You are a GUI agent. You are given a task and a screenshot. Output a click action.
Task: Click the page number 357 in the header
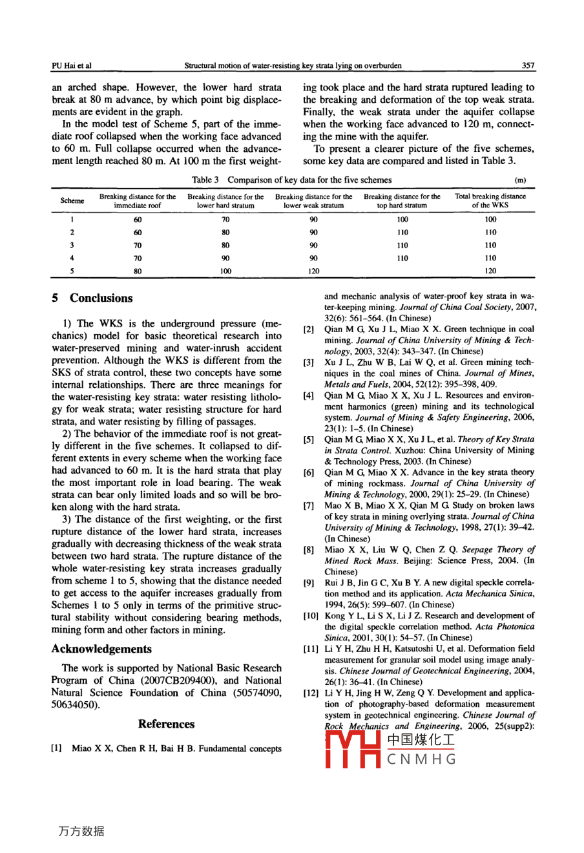[528, 65]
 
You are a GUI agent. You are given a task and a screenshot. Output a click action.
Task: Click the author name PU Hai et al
[71, 65]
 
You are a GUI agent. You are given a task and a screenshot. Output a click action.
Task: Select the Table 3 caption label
[205, 180]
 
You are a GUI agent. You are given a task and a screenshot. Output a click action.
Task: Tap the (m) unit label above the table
[521, 180]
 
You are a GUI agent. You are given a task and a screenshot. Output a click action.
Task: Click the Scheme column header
[72, 201]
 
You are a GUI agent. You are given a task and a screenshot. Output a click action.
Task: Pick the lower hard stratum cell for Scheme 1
[225, 220]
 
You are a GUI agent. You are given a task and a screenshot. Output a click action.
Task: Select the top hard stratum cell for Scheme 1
[402, 220]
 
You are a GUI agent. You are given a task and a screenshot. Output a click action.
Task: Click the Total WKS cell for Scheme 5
[490, 271]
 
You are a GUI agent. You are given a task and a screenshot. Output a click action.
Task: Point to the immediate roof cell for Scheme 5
[138, 271]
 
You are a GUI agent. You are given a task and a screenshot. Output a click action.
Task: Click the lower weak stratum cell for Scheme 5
[314, 271]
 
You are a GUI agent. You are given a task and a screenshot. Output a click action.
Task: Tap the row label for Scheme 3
[72, 246]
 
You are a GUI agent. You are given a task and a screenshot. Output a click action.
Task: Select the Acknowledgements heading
[101, 649]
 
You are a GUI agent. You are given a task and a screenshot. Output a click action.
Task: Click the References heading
[166, 724]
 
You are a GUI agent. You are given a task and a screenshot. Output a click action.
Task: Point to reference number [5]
[309, 440]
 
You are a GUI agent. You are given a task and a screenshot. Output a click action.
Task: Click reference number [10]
[311, 616]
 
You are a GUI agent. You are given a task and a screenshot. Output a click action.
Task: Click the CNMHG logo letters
[421, 759]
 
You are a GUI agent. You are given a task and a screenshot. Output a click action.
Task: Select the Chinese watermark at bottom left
[81, 831]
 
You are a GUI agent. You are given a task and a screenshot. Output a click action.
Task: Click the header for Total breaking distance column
[490, 201]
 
